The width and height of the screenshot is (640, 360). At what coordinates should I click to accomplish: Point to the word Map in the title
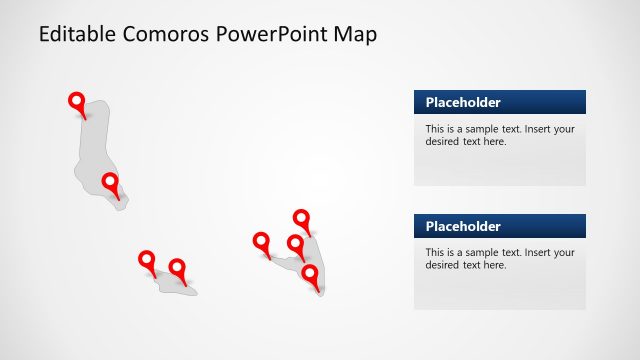pyautogui.click(x=355, y=35)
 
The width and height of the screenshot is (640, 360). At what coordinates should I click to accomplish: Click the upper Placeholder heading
pyautogui.click(x=463, y=102)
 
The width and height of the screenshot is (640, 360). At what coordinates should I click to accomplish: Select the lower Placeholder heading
pyautogui.click(x=463, y=226)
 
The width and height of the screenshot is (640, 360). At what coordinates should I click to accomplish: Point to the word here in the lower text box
pyautogui.click(x=495, y=265)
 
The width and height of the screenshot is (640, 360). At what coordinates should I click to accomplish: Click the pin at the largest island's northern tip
pyautogui.click(x=76, y=101)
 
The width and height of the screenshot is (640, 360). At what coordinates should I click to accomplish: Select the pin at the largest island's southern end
pyautogui.click(x=110, y=182)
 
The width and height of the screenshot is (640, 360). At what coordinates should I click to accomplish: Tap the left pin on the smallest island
pyautogui.click(x=147, y=260)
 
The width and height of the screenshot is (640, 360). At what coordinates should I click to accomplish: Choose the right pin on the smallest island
pyautogui.click(x=177, y=268)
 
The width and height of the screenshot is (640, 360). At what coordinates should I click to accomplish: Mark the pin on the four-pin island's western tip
pyautogui.click(x=261, y=241)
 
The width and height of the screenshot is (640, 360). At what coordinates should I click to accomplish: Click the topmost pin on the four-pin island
pyautogui.click(x=301, y=218)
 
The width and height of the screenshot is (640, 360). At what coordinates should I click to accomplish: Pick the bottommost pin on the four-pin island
pyautogui.click(x=310, y=273)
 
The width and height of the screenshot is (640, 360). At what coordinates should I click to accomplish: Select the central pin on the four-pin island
pyautogui.click(x=296, y=243)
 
